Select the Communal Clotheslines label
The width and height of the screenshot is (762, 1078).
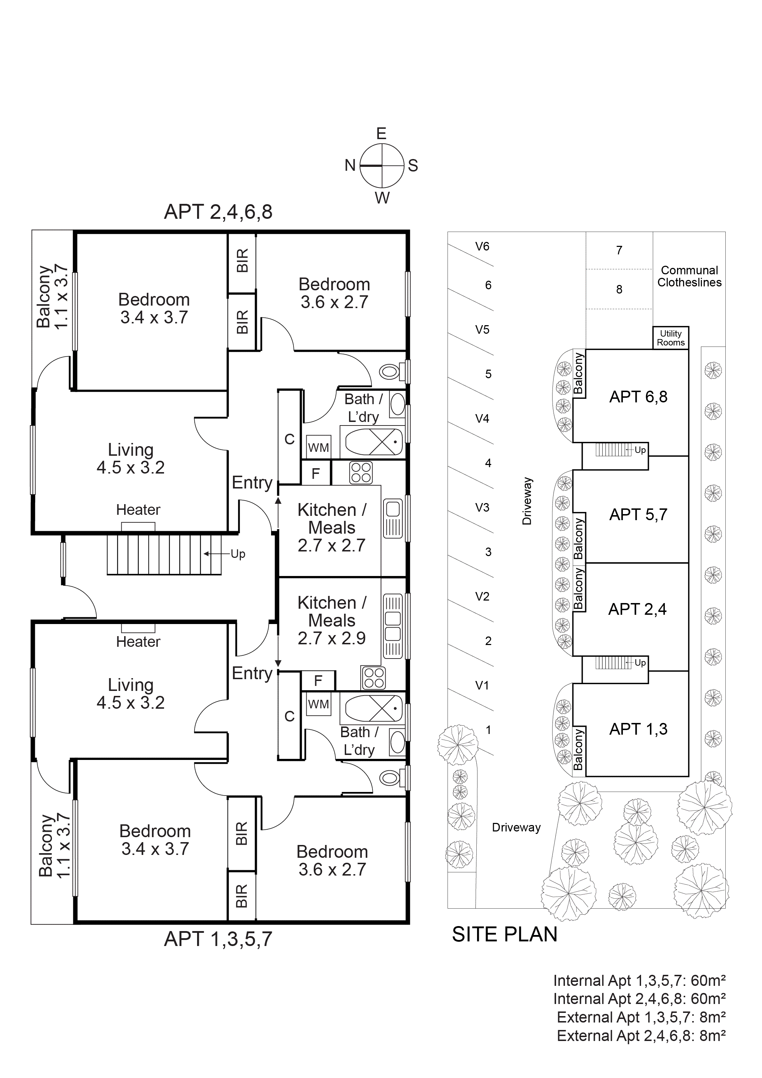pyautogui.click(x=689, y=276)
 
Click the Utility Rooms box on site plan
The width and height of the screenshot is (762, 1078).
pyautogui.click(x=671, y=338)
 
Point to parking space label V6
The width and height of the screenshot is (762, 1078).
pyautogui.click(x=482, y=247)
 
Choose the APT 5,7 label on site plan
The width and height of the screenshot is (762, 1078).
pyautogui.click(x=638, y=514)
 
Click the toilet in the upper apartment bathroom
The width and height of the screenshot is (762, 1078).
pyautogui.click(x=391, y=372)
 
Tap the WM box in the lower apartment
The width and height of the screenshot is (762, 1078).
pyautogui.click(x=318, y=704)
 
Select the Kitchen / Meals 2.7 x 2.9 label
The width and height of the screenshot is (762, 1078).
pyautogui.click(x=332, y=620)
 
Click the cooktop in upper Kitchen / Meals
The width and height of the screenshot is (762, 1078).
pyautogui.click(x=361, y=473)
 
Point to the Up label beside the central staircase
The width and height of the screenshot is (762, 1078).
pyautogui.click(x=238, y=554)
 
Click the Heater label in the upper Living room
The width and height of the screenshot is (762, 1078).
pyautogui.click(x=138, y=510)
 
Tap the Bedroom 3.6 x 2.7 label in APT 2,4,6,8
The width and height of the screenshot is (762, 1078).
pyautogui.click(x=334, y=293)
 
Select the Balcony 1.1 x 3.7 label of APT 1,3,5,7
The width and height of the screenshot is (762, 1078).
pyautogui.click(x=54, y=845)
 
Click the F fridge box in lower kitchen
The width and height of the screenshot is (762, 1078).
pyautogui.click(x=318, y=680)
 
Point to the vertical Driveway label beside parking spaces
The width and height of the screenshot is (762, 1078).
pyautogui.click(x=527, y=501)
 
